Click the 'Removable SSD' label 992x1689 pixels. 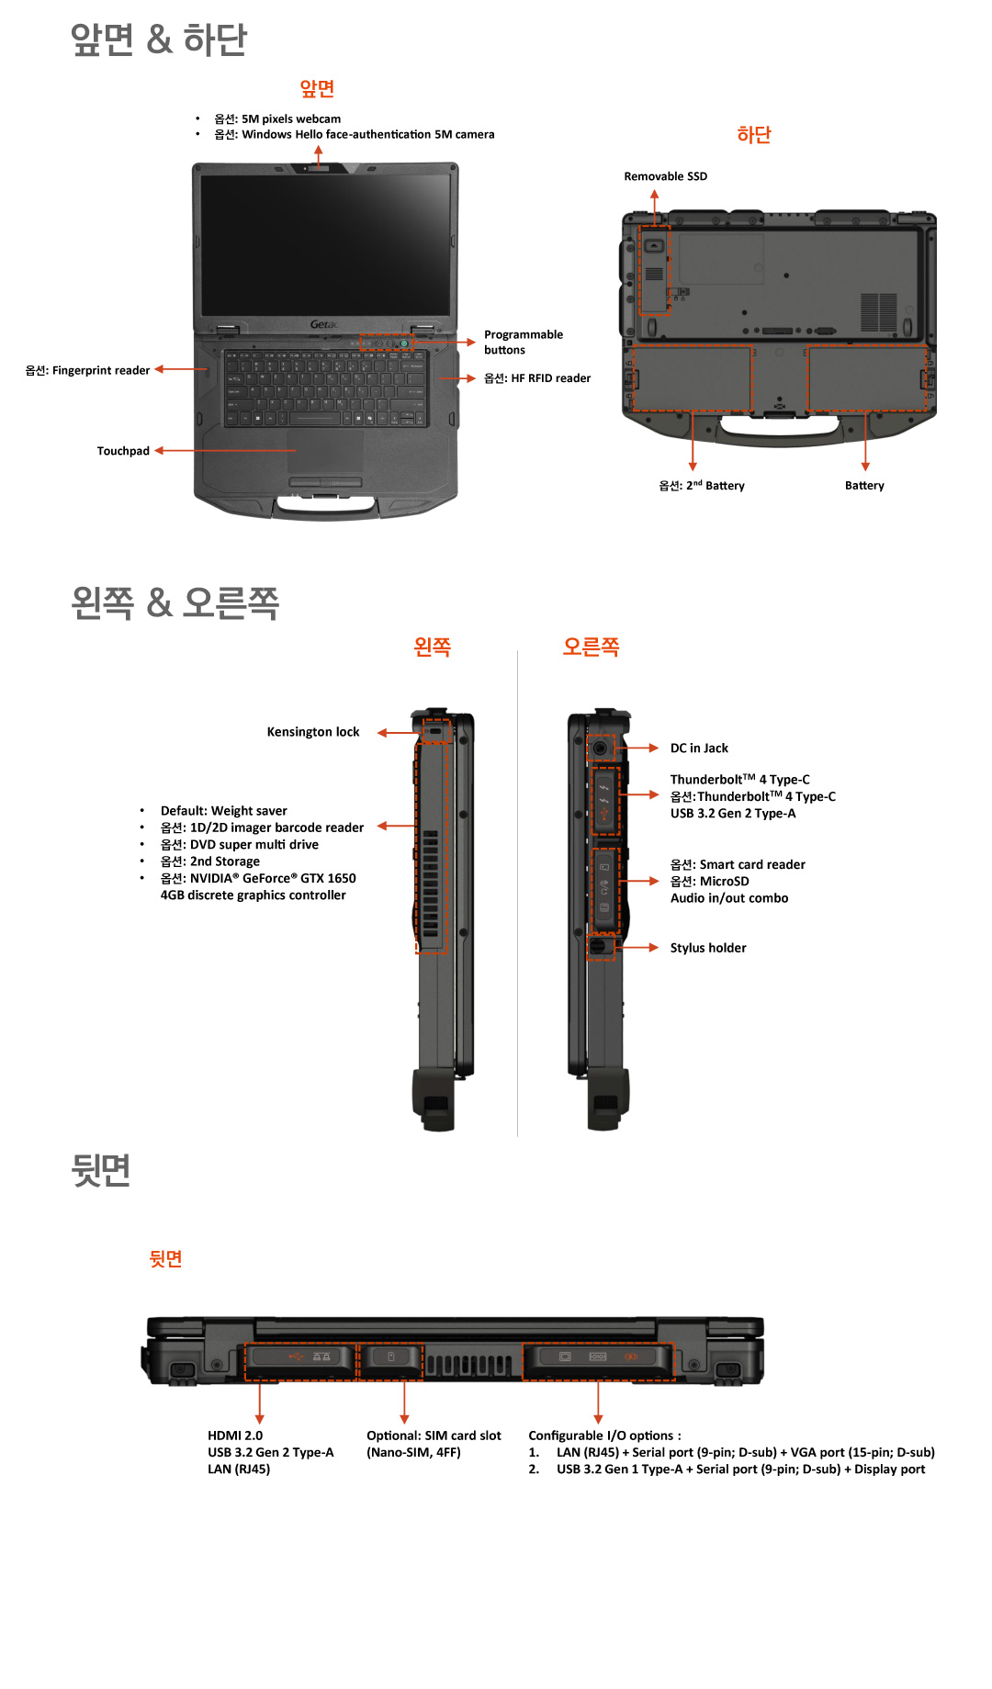coord(665,176)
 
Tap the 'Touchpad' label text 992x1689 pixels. coord(123,451)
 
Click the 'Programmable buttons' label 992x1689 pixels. coord(523,342)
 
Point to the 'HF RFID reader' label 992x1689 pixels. coord(537,378)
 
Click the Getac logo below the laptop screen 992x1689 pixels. coord(323,324)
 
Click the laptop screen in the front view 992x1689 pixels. coord(325,243)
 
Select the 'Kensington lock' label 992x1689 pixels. coord(312,732)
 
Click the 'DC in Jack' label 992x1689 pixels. coord(698,749)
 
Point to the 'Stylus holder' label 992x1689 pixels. coord(707,948)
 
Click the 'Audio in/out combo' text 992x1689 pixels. coord(728,898)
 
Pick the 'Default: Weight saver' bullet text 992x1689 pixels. coord(223,811)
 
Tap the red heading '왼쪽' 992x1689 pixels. coord(432,647)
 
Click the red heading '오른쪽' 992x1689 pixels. coord(591,647)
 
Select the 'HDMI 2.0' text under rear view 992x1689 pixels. coord(234,1436)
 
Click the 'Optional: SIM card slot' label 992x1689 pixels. coord(434,1436)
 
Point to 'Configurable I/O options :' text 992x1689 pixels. coord(604,1436)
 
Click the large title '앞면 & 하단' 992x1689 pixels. coord(159,39)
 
